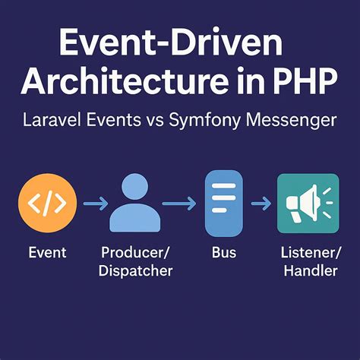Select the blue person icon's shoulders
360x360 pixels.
pyautogui.click(x=135, y=218)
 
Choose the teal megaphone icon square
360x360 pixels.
pyautogui.click(x=308, y=203)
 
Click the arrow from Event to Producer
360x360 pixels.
pyautogui.click(x=93, y=203)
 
